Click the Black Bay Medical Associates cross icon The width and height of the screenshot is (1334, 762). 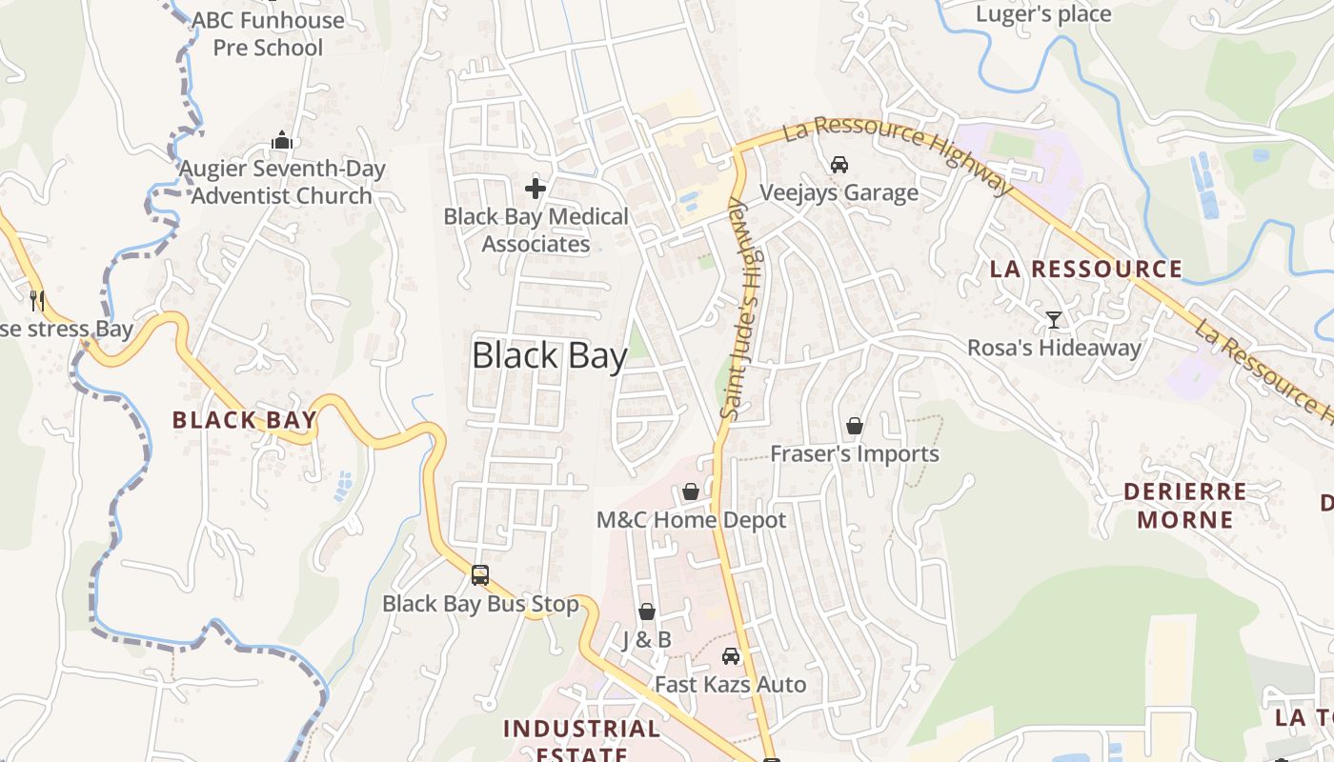click(x=536, y=189)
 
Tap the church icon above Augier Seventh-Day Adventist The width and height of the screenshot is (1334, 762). click(x=281, y=141)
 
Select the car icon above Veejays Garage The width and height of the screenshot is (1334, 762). click(x=839, y=165)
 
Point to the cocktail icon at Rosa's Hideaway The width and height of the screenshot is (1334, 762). click(x=1054, y=319)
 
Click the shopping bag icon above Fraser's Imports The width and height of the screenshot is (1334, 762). click(x=855, y=426)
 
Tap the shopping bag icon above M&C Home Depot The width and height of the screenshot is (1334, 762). click(x=691, y=492)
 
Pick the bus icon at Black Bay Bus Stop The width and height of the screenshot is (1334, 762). click(x=480, y=575)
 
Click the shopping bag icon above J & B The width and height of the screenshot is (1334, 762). click(x=647, y=612)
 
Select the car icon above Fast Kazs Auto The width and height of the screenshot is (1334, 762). click(x=731, y=656)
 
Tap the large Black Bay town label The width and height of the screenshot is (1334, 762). click(x=550, y=356)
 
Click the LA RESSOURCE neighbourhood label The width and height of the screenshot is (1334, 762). click(x=1086, y=270)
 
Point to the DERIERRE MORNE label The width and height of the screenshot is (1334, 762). click(x=1184, y=506)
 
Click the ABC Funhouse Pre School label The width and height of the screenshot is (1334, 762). click(x=268, y=33)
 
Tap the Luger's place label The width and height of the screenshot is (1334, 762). click(x=1043, y=14)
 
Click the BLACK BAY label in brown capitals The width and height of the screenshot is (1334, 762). click(x=244, y=420)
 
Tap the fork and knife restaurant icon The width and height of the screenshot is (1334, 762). click(x=38, y=301)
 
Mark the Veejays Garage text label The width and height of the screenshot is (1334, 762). click(x=839, y=193)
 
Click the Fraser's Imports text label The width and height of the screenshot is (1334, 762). click(x=855, y=454)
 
